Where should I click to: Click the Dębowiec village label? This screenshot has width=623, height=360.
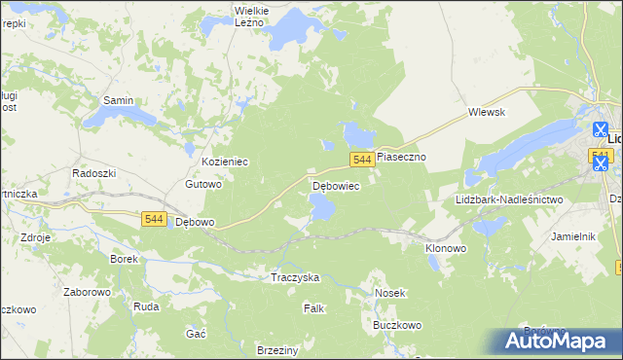[x=336, y=185]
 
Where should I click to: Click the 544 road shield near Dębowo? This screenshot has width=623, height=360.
[x=152, y=220]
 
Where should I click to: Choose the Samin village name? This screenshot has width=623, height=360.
[x=118, y=100]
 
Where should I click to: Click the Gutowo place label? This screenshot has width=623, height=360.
[x=204, y=184]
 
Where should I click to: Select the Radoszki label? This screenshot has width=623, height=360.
[x=94, y=172]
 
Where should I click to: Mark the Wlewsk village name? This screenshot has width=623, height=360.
[x=488, y=112]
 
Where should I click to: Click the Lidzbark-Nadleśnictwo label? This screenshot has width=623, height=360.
[x=509, y=199]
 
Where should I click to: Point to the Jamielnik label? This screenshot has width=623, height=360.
[x=572, y=236]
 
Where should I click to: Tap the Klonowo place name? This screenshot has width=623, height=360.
[x=446, y=248]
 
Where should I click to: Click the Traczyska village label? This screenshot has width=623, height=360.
[x=295, y=277]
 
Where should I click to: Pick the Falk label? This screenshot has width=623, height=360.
[x=313, y=308]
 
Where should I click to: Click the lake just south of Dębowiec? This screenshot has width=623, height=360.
[x=322, y=206]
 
